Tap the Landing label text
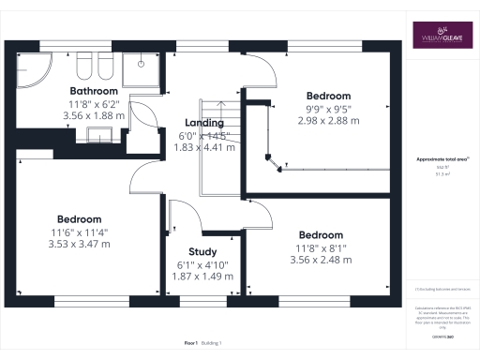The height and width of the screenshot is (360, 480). click(x=203, y=123)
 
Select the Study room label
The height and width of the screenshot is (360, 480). click(x=203, y=251)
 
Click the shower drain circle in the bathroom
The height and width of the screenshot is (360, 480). click(x=142, y=65)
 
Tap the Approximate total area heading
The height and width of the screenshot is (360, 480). click(x=442, y=159)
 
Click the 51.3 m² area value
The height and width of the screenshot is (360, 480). click(x=442, y=174)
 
